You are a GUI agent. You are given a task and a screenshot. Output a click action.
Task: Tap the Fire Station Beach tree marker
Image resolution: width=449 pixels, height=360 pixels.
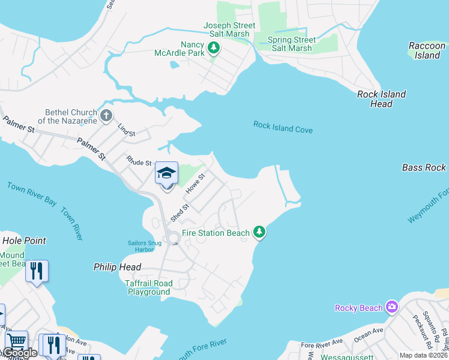point(259,232)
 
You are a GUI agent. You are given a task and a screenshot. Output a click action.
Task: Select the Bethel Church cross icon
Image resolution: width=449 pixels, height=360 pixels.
point(106,116)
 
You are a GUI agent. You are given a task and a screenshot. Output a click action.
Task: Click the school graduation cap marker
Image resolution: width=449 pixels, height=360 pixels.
point(166,174)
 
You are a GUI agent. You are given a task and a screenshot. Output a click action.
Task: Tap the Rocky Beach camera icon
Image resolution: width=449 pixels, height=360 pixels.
point(392,308)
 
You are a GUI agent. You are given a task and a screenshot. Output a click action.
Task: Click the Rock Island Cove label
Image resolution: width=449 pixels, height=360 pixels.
point(283,127)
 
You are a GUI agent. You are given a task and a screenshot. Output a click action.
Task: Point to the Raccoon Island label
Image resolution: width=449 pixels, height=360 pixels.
point(427,50)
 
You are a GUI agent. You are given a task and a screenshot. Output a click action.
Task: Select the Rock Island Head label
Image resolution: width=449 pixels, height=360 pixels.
point(381,99)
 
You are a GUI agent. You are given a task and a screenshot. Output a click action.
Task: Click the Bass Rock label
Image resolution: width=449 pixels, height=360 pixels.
point(424,167)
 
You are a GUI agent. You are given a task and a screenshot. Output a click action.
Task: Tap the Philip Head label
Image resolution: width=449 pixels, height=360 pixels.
point(118,267)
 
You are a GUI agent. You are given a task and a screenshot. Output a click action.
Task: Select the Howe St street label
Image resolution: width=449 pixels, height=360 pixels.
point(195,184)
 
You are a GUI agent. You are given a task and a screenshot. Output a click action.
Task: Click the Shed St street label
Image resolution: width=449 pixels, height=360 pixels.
point(179,211)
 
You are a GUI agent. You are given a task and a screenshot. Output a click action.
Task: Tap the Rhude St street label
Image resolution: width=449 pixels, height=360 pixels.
point(139,162)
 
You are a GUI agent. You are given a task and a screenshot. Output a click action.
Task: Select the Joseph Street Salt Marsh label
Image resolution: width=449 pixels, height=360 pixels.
point(229,30)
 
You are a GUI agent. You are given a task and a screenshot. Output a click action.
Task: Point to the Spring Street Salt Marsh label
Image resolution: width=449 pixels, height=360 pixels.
point(292,44)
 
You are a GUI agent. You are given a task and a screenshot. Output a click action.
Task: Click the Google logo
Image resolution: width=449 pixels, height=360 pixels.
point(20,353)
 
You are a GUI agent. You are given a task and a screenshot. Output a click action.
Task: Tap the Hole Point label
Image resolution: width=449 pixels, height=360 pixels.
point(23,241)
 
